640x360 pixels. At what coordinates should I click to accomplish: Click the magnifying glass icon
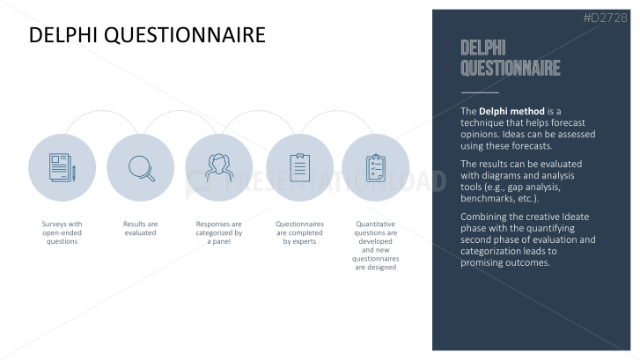click(142, 168)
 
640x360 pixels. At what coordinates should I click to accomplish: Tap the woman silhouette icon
click(219, 167)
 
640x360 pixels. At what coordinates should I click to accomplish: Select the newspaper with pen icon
click(62, 167)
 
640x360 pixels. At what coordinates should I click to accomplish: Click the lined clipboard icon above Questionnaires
click(299, 167)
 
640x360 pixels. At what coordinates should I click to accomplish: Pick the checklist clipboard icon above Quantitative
click(376, 168)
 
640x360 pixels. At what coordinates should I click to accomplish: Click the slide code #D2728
click(605, 18)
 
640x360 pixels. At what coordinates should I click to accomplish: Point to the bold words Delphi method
click(511, 111)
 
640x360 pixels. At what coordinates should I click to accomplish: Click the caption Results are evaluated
click(140, 228)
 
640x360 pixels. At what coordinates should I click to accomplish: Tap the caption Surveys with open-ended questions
click(62, 232)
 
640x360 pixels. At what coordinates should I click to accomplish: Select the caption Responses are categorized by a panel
click(219, 232)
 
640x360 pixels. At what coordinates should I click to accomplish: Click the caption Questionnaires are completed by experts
click(299, 232)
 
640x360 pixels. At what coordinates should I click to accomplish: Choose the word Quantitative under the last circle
click(376, 224)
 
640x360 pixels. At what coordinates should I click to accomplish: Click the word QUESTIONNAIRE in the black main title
click(185, 35)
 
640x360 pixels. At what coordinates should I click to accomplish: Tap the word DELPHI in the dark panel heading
click(483, 48)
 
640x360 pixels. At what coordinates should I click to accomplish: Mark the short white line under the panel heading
click(480, 92)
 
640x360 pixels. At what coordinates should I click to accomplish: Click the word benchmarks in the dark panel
click(484, 198)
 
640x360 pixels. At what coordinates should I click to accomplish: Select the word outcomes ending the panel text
click(528, 262)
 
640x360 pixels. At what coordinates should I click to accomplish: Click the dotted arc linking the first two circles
click(101, 111)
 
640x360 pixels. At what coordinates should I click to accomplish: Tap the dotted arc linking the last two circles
click(337, 111)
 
